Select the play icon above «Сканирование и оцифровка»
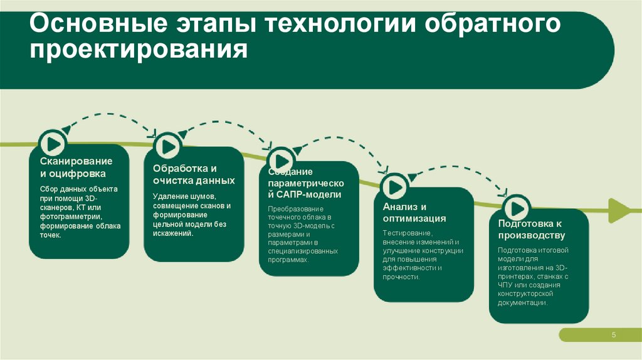tap(51, 141)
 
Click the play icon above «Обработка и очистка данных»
tap(167, 146)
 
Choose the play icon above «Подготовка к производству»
tap(517, 208)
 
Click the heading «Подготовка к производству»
tap(531, 230)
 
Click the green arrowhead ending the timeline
tap(621, 209)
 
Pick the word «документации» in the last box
tap(522, 302)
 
